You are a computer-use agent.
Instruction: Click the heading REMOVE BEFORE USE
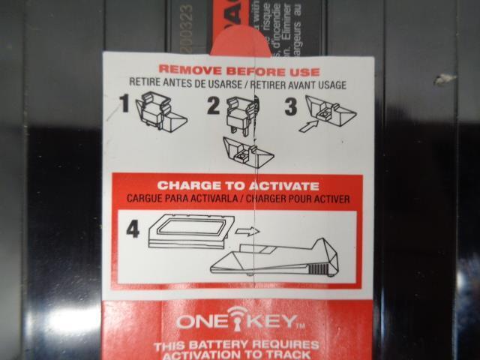click(x=238, y=72)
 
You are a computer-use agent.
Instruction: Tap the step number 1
click(x=124, y=105)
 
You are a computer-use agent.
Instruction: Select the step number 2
click(x=213, y=105)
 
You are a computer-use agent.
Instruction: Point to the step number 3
click(x=291, y=105)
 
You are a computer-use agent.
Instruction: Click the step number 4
click(x=132, y=229)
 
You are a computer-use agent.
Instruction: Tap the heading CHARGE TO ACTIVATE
click(x=238, y=186)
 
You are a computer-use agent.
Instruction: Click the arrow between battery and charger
click(x=247, y=231)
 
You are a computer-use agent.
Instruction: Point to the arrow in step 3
click(x=307, y=125)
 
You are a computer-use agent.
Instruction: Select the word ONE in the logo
click(x=201, y=323)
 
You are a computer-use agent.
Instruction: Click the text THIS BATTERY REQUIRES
click(x=235, y=345)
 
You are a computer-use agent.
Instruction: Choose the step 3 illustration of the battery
click(x=331, y=112)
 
